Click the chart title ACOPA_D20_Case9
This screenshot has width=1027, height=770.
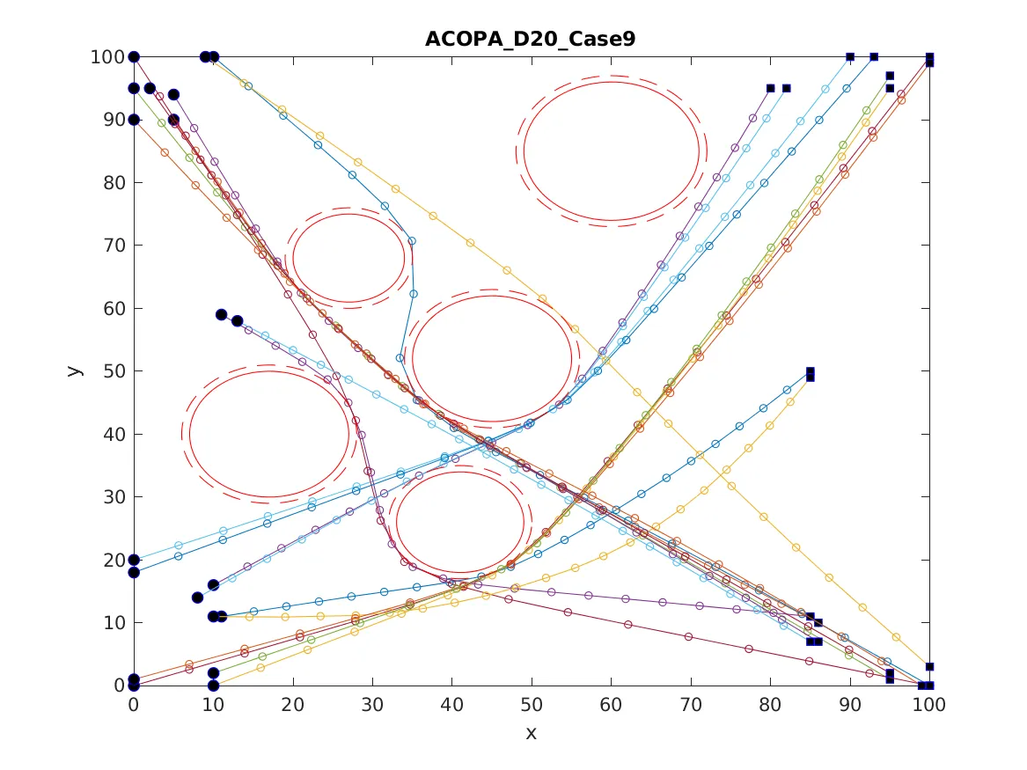(531, 39)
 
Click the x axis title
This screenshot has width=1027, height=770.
(531, 733)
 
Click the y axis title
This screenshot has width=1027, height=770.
(77, 370)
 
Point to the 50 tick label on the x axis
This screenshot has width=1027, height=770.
(531, 705)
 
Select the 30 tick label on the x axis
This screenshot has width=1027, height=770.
(372, 705)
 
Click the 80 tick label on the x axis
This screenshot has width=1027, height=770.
(770, 705)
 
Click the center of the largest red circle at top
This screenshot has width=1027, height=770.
(611, 150)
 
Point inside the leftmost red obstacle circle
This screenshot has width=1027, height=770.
(269, 433)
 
